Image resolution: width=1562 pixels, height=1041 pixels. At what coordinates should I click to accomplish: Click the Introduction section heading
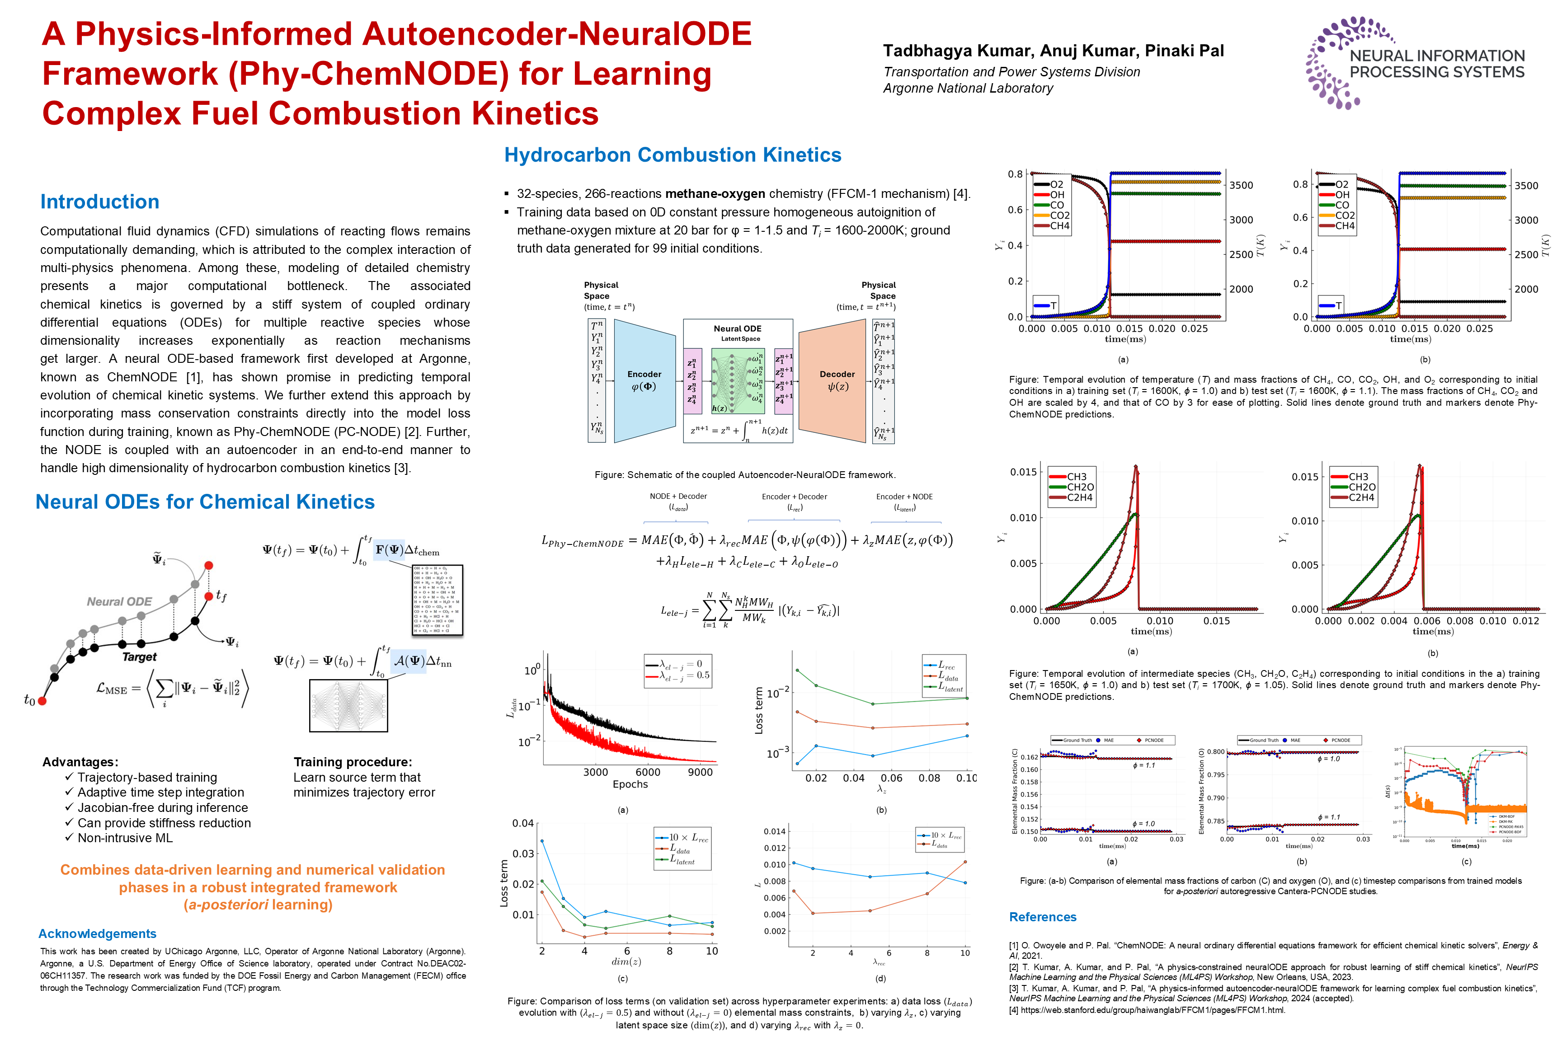coord(99,202)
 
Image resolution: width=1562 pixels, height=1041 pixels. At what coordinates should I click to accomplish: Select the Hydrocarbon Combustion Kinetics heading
coord(672,155)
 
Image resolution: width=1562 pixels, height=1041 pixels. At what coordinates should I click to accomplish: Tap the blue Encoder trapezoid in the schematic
coord(644,380)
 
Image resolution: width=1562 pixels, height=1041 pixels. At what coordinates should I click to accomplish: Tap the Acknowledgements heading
coord(97,933)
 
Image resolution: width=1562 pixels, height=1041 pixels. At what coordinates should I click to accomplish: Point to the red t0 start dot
coord(42,700)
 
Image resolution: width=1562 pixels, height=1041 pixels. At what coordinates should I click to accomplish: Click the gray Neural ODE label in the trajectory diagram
coord(119,601)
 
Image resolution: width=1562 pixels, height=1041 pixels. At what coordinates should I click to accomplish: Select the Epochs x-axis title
coord(630,784)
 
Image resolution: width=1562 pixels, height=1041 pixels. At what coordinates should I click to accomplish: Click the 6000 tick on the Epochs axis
coord(648,772)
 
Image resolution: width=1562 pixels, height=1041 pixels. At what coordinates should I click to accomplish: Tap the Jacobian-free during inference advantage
coord(162,807)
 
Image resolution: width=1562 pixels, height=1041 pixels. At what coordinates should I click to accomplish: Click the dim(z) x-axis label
coord(626,962)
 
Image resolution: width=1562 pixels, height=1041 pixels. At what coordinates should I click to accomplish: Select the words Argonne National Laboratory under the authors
coord(968,88)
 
